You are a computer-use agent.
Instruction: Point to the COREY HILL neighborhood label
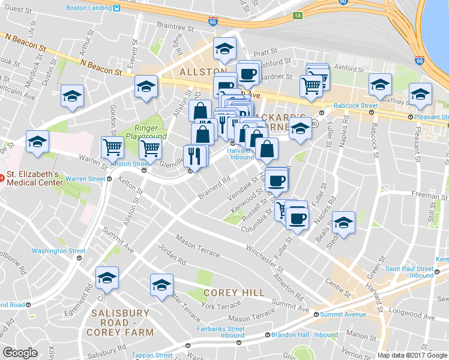(234, 292)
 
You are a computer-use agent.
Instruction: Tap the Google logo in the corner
(20, 352)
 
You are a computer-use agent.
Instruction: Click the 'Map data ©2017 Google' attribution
(412, 355)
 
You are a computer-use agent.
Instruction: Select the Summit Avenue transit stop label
(343, 314)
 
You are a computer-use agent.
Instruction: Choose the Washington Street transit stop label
(59, 251)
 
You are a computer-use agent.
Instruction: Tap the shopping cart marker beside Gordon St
(112, 146)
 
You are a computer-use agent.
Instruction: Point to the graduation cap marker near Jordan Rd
(161, 284)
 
